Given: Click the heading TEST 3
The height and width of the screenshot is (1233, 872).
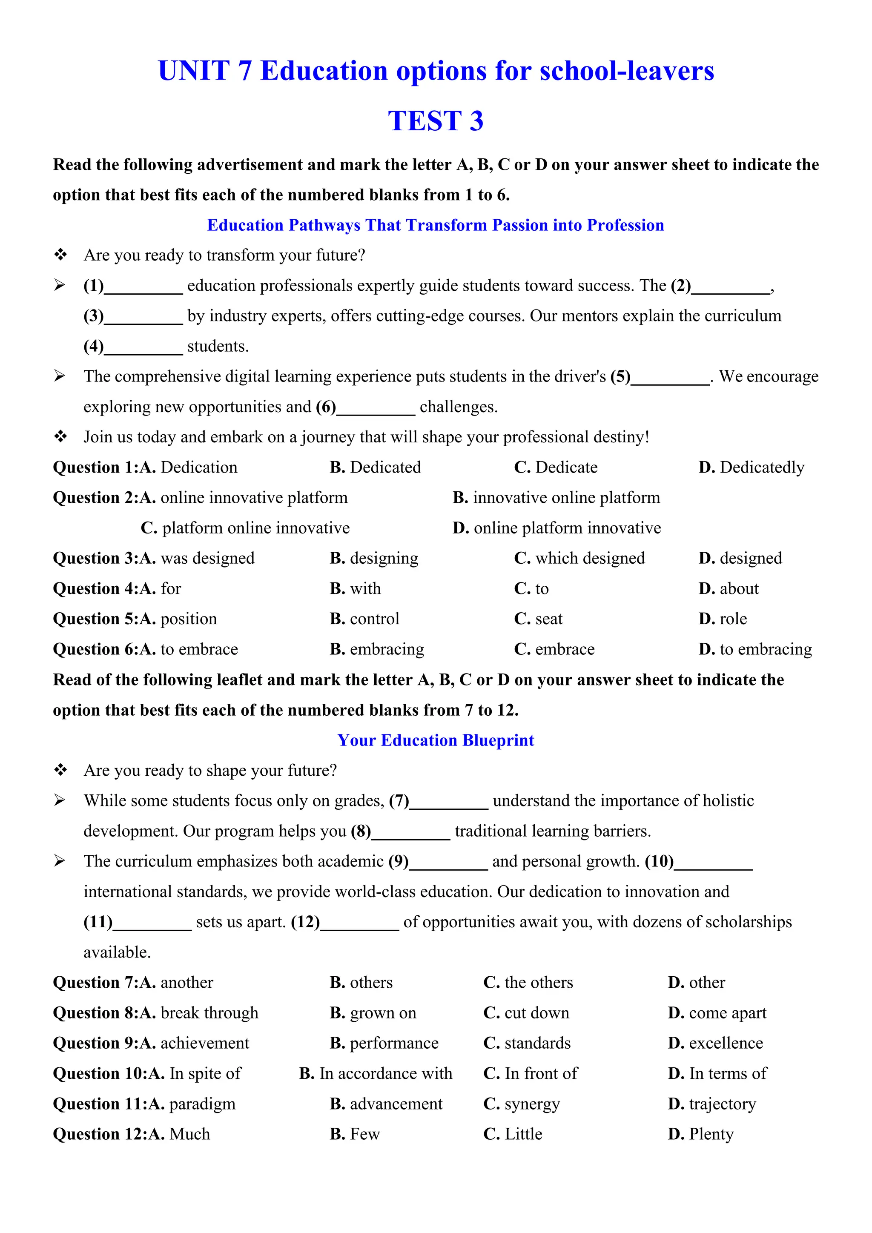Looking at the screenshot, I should (x=436, y=121).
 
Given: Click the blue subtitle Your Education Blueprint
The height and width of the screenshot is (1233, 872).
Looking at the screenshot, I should (x=436, y=740).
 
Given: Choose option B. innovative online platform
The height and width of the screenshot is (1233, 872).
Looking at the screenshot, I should (x=556, y=498).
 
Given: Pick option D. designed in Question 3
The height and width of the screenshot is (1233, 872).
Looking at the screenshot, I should (x=740, y=559).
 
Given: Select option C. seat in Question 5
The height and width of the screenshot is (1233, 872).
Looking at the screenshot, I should (x=538, y=619).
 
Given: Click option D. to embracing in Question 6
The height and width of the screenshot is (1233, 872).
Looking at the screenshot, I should (x=755, y=649).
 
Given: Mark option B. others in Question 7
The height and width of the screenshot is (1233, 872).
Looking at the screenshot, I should (x=361, y=983).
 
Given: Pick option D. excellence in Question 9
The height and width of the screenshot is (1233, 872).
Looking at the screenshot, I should (x=715, y=1044).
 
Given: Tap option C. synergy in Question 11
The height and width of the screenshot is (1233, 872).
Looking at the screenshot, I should (x=522, y=1104).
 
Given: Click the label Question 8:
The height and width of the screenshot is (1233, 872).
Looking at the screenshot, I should (x=95, y=1013).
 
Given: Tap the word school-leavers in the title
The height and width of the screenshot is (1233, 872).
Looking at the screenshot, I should (x=627, y=71).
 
